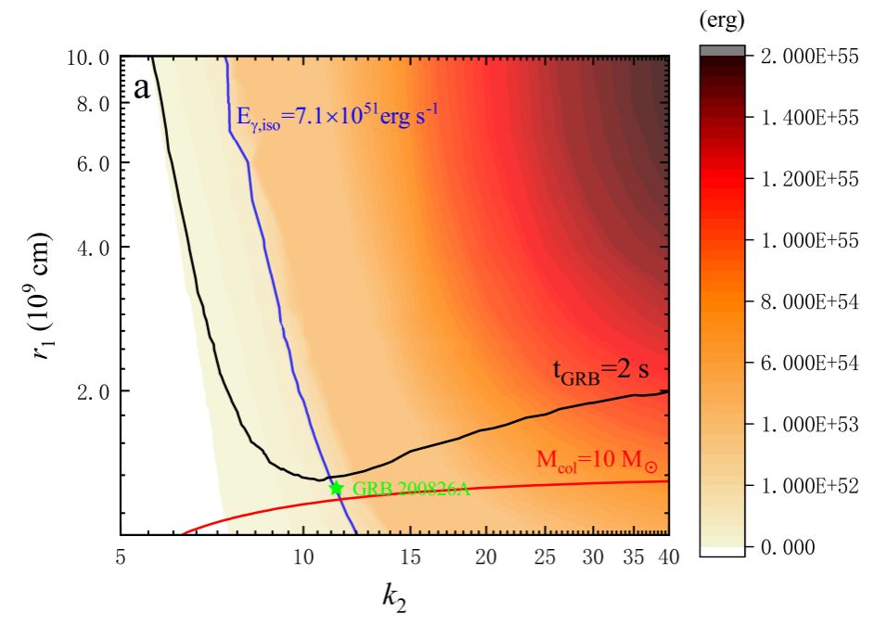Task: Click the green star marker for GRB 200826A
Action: coord(337,488)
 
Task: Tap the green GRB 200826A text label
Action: coord(411,490)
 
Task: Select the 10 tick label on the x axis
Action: coord(302,557)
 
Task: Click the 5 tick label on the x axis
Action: coord(121,557)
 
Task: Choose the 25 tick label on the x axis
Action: coord(545,557)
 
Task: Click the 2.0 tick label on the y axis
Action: coord(92,390)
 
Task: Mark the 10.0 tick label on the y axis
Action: coord(88,57)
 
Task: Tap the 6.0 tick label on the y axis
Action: coord(92,163)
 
